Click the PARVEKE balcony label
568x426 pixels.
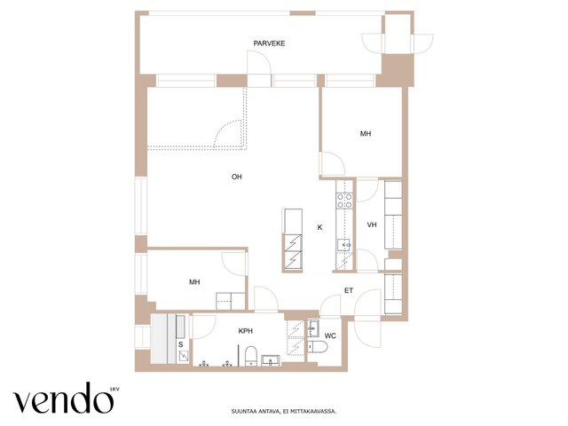click(269, 43)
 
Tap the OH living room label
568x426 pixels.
click(237, 177)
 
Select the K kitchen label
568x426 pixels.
click(319, 227)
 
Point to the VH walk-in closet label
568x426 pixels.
click(372, 225)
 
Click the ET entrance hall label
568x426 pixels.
click(349, 290)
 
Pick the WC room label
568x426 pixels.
click(330, 336)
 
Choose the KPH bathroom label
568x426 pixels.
click(246, 331)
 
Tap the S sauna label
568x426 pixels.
click(180, 345)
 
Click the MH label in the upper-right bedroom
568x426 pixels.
click(366, 134)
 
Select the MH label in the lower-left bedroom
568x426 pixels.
click(194, 282)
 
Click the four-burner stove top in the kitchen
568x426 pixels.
click(344, 201)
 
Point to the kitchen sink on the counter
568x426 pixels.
click(344, 245)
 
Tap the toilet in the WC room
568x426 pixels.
click(318, 347)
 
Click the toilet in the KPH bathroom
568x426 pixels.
click(250, 355)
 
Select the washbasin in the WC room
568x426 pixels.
click(312, 328)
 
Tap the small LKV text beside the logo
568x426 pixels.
click(114, 390)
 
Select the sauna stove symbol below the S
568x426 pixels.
click(184, 357)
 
